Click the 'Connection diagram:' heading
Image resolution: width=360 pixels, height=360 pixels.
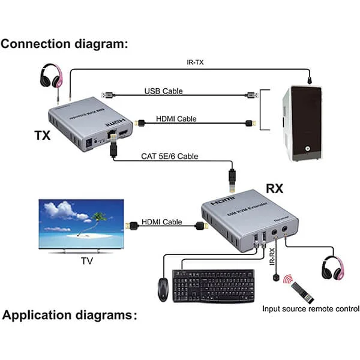[65, 44]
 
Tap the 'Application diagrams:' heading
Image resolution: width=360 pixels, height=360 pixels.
[69, 315]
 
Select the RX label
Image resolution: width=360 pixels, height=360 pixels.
[274, 188]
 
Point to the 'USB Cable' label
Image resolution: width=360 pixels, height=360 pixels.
[163, 91]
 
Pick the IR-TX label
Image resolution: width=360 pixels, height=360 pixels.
[196, 62]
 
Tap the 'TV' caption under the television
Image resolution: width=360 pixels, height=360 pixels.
[88, 262]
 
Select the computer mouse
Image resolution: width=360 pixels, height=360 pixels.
[163, 290]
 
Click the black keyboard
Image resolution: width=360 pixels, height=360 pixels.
[213, 286]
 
